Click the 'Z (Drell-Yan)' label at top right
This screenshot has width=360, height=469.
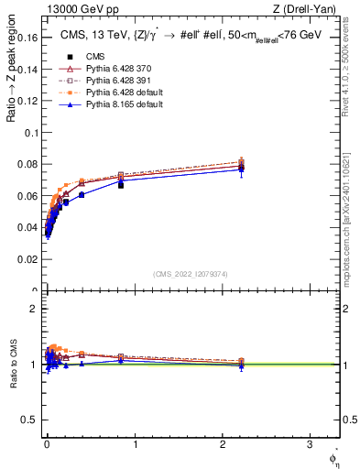coord(309,9)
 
